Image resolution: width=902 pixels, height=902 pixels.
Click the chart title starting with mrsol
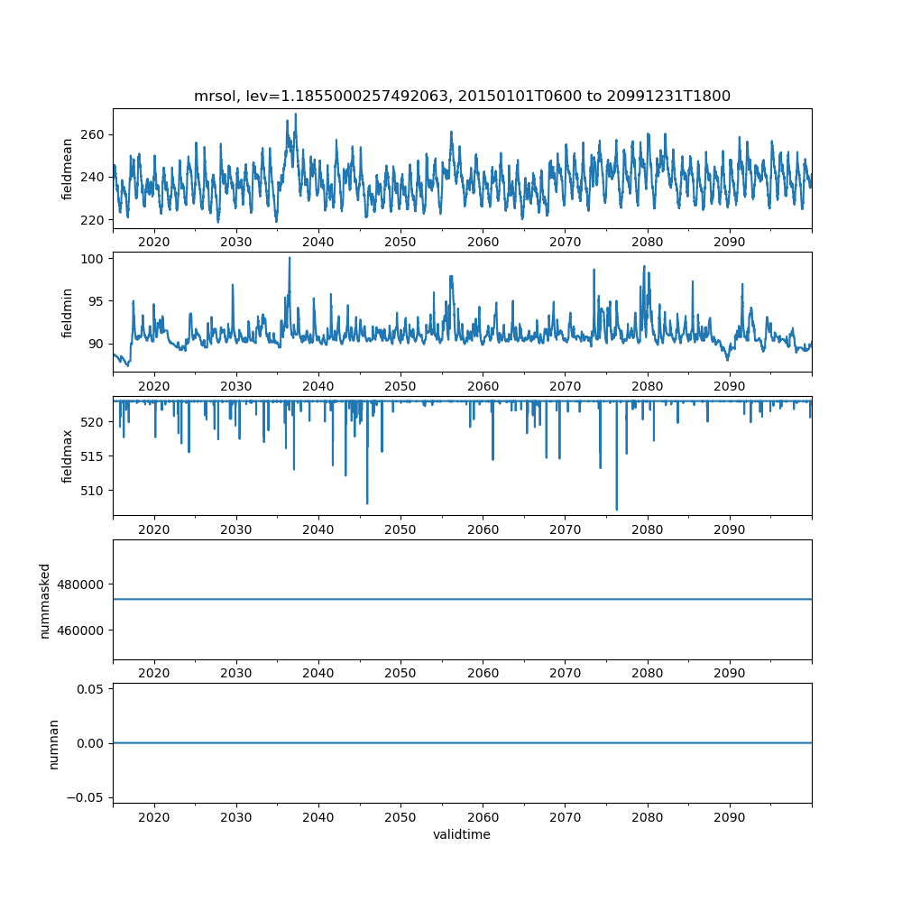[x=462, y=96]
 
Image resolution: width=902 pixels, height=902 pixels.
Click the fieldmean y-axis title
[x=68, y=170]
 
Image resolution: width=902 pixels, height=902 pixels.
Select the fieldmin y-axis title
[x=68, y=312]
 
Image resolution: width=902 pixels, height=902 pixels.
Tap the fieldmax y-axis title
[x=68, y=456]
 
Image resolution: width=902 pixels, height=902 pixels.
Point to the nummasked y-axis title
[x=44, y=600]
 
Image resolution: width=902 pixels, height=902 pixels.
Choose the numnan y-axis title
[x=53, y=743]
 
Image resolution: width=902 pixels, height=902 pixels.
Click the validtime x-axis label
[x=462, y=835]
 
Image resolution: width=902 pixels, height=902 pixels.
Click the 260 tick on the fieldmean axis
[x=93, y=134]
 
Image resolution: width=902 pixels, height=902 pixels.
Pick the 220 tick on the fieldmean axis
[x=93, y=219]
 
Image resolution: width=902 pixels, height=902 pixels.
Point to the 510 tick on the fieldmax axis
[x=93, y=490]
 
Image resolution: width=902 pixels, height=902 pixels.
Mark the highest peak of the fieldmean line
[x=295, y=114]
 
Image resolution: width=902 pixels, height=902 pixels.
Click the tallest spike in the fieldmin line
[x=290, y=258]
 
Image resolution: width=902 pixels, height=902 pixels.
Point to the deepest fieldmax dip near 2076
[x=617, y=510]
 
